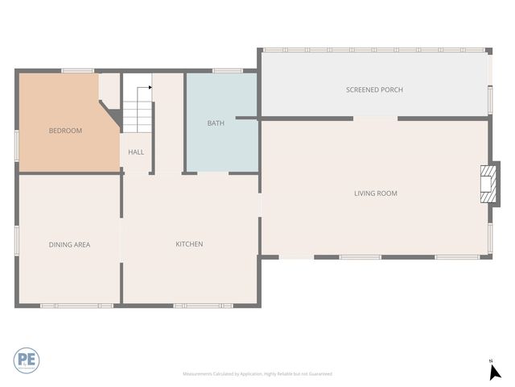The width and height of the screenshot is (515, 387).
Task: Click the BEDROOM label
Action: pyautogui.click(x=65, y=131)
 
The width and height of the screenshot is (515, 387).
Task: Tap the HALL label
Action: pyautogui.click(x=136, y=152)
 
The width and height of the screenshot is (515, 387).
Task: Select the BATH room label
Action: pyautogui.click(x=216, y=123)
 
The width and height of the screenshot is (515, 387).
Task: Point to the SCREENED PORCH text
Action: pyautogui.click(x=374, y=89)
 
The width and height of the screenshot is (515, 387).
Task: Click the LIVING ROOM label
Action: pyautogui.click(x=376, y=193)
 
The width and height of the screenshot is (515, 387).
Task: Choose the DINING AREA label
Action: pyautogui.click(x=69, y=244)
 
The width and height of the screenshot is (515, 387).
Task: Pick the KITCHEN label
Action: pyautogui.click(x=189, y=244)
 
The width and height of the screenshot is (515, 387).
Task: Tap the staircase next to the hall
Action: pyautogui.click(x=137, y=110)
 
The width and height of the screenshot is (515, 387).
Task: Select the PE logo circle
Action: pyautogui.click(x=26, y=360)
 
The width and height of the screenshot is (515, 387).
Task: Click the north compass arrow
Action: pyautogui.click(x=495, y=371)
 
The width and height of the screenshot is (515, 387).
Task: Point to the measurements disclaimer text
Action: pyautogui.click(x=257, y=374)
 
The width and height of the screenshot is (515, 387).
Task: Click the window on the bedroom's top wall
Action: pyautogui.click(x=78, y=71)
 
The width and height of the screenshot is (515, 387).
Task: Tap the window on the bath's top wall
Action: pyautogui.click(x=228, y=71)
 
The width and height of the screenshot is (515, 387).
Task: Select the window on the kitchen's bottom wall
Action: pyautogui.click(x=203, y=306)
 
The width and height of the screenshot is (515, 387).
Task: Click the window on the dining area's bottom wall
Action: pyautogui.click(x=76, y=306)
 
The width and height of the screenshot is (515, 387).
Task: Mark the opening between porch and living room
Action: pyautogui.click(x=375, y=119)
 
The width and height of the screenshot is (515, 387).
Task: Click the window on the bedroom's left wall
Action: pyautogui.click(x=17, y=143)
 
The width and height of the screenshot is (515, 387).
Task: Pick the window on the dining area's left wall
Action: pyautogui.click(x=17, y=240)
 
